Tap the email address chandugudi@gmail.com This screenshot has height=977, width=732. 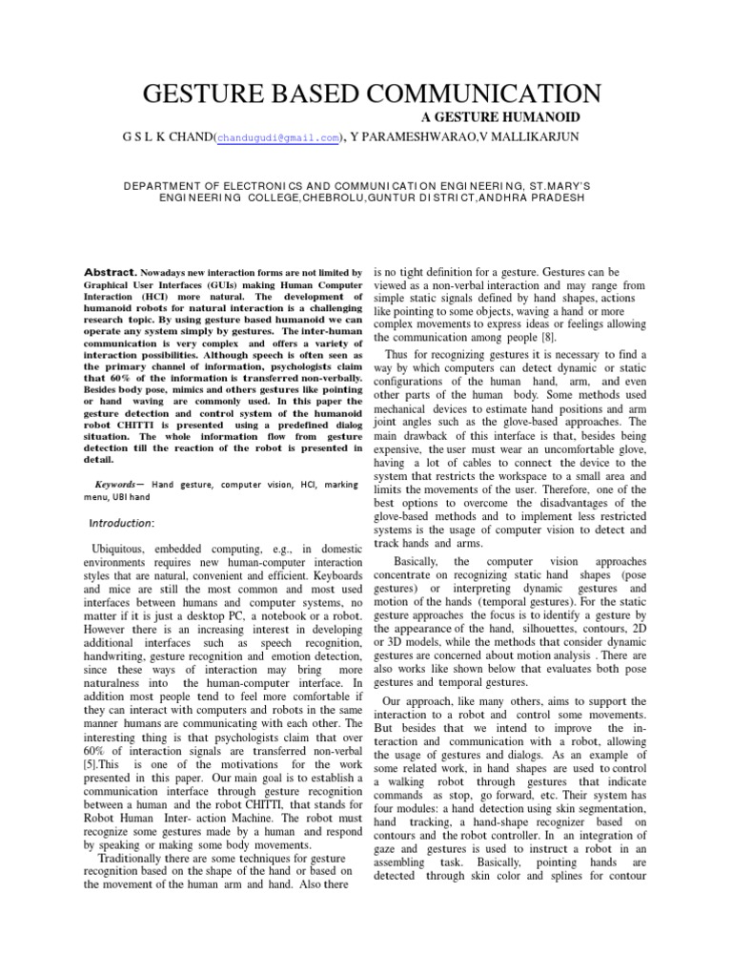[x=278, y=138]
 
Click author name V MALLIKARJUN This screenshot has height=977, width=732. [x=537, y=137]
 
